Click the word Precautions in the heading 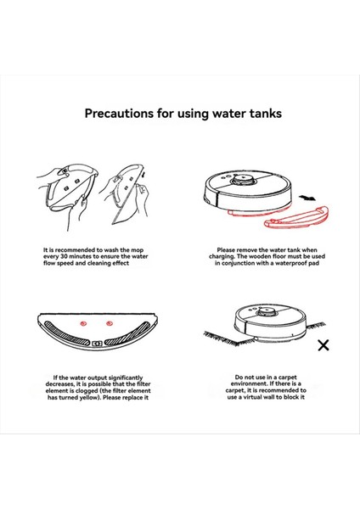(x=119, y=114)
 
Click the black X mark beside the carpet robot (x=323, y=345)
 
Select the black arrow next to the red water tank (x=307, y=198)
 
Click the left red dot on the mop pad (x=83, y=323)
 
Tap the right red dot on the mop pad (x=110, y=323)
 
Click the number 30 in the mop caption (x=64, y=256)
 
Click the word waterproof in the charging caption (x=290, y=263)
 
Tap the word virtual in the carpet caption (x=253, y=397)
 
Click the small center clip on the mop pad (x=97, y=343)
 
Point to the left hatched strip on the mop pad (x=65, y=333)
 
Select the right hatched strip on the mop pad (x=129, y=333)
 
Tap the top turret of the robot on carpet (x=267, y=312)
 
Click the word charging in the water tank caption (x=221, y=256)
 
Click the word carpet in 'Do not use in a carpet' (x=287, y=378)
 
